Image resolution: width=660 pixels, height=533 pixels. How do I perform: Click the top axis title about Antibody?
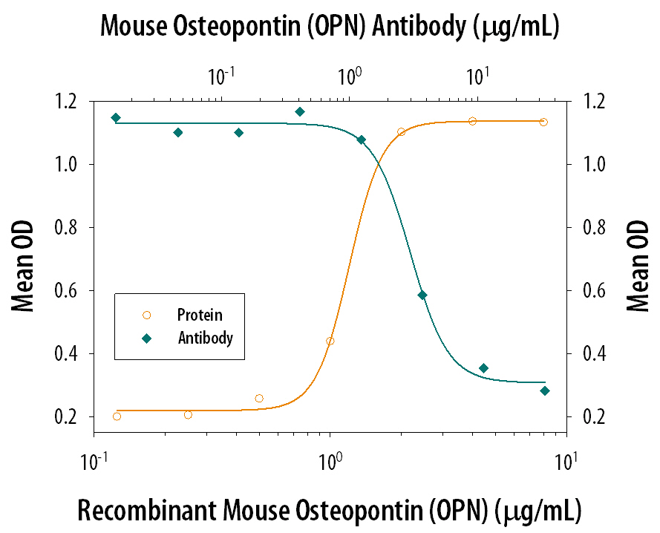(x=330, y=27)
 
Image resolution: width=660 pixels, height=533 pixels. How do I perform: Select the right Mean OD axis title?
(x=637, y=266)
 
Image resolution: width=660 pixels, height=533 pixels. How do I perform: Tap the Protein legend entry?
(x=199, y=315)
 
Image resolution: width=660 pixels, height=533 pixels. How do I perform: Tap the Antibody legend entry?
(x=205, y=339)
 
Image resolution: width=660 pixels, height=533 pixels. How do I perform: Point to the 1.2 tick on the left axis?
(x=70, y=101)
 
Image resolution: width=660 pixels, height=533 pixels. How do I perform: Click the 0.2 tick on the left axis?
(x=70, y=417)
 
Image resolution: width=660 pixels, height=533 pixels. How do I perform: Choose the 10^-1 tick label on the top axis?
(x=221, y=76)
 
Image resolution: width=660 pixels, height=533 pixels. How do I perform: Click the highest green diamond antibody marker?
(x=300, y=112)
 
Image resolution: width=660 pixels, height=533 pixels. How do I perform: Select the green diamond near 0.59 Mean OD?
(x=422, y=295)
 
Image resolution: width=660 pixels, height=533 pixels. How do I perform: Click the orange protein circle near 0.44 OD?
(x=330, y=341)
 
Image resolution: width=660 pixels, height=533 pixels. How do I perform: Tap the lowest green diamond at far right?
(x=545, y=391)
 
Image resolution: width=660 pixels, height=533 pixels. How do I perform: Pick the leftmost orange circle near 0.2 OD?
(x=117, y=416)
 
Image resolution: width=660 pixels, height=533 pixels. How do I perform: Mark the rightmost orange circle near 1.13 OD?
(x=544, y=122)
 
